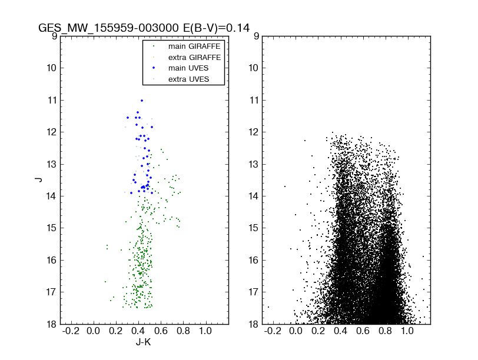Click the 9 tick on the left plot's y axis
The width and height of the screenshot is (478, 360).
(x=53, y=36)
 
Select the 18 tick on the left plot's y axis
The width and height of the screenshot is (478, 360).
(x=51, y=324)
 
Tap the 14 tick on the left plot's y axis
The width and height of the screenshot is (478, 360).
(x=51, y=196)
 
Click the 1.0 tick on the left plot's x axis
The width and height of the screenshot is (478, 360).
(x=205, y=332)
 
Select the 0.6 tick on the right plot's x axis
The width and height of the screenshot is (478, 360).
(x=363, y=332)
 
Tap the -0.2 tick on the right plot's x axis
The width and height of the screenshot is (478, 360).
(x=273, y=332)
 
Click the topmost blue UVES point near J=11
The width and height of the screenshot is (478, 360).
(x=142, y=101)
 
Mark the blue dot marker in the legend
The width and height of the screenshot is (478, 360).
(x=154, y=68)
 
